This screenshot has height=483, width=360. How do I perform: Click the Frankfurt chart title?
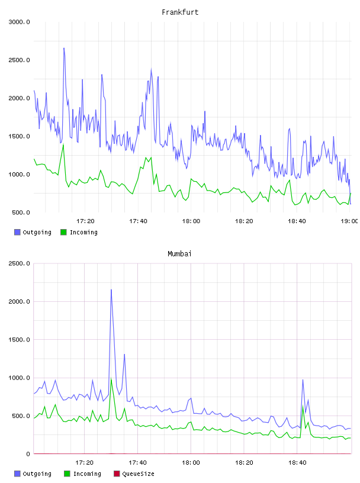point(180,12)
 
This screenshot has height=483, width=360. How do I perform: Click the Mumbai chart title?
point(179,254)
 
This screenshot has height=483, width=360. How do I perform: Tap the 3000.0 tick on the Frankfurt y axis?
point(19,22)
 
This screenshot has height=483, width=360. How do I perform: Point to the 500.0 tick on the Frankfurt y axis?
point(21,212)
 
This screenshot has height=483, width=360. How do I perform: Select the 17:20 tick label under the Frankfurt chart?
point(85,221)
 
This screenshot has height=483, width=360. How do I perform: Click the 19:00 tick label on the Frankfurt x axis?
point(349,221)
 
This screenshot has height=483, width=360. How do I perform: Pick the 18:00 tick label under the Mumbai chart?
point(191,463)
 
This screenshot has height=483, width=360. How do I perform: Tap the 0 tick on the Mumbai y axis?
point(28,454)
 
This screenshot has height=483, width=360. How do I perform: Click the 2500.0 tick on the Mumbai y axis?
point(19,263)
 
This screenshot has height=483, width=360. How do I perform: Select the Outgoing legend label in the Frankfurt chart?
point(37,232)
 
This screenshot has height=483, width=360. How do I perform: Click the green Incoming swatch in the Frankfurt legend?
point(63,232)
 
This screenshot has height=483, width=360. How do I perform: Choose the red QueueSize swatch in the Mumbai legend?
point(117,474)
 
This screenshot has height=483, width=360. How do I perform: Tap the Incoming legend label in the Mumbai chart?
point(87,474)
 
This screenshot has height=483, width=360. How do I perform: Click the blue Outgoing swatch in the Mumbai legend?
point(17,474)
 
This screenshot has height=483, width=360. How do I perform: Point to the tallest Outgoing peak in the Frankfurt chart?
point(64,49)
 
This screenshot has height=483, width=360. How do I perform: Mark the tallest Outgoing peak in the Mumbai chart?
point(111,290)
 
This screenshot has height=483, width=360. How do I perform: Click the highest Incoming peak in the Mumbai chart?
point(111,379)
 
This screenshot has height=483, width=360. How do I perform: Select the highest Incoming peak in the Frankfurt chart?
point(63,144)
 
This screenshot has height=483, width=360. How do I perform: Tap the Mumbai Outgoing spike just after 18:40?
point(303,380)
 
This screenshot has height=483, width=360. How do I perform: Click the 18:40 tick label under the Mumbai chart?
point(297,463)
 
